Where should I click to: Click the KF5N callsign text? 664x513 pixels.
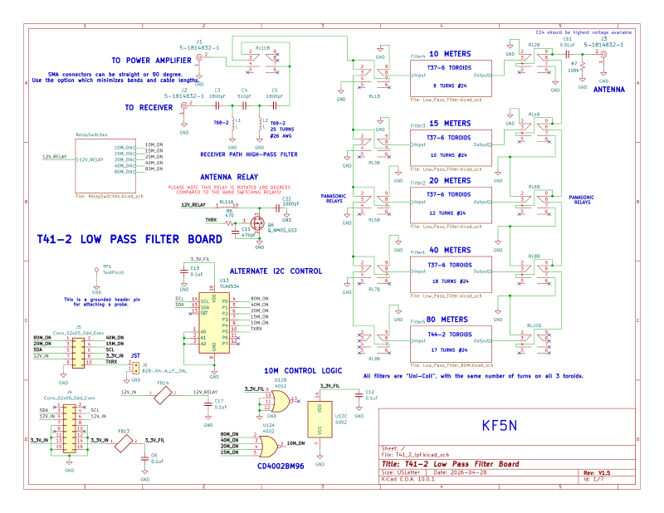coord(500,425)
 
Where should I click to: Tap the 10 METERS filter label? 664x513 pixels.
coord(450,54)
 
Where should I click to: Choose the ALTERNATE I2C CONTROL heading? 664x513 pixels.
coord(275,271)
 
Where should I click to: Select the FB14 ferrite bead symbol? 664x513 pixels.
coord(162,396)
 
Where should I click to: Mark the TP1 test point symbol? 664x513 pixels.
coord(96,278)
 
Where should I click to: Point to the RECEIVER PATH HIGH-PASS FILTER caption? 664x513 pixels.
coord(249,154)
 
